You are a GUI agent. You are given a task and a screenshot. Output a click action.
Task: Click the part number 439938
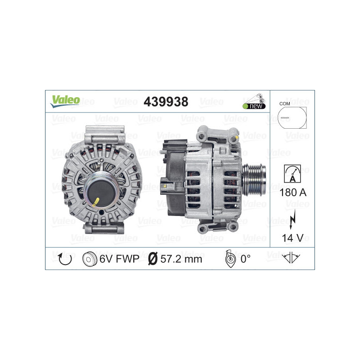tap(166, 102)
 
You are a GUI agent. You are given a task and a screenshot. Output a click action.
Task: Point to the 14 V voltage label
tap(292, 237)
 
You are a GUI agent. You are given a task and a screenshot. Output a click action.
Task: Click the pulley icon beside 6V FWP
tap(90, 259)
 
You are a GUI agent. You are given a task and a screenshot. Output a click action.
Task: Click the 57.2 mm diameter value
tap(181, 259)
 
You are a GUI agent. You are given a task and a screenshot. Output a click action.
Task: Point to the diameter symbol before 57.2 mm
tap(153, 259)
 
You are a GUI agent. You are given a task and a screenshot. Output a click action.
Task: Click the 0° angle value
tap(245, 259)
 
